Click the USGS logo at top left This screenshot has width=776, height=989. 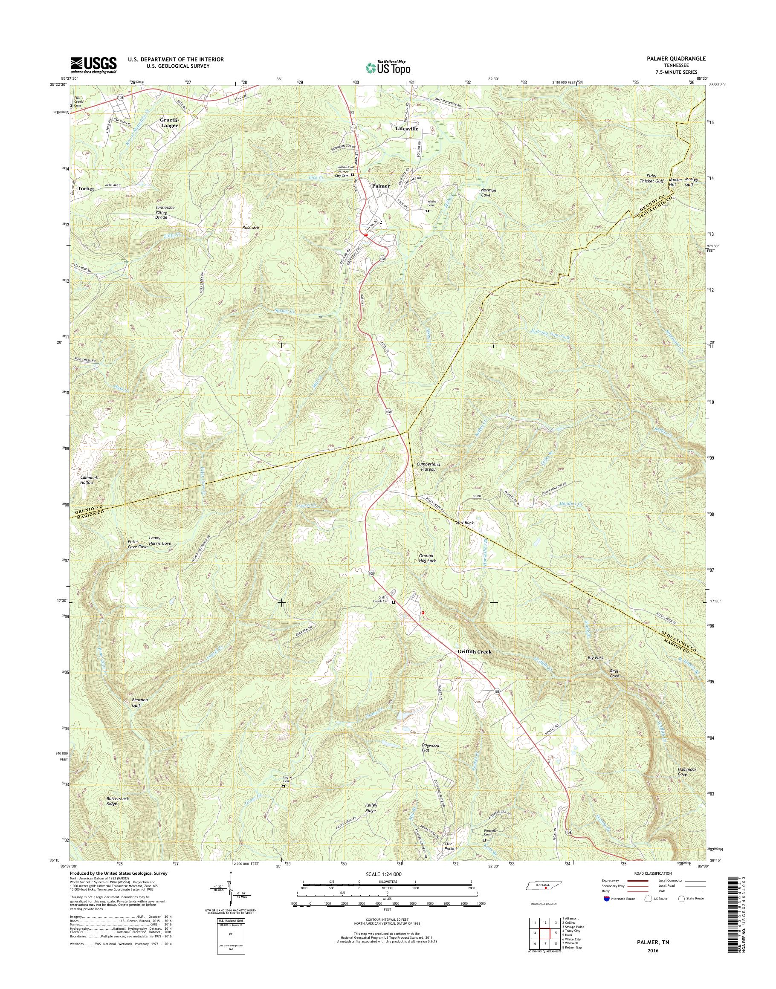(93, 65)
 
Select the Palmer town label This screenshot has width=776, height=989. (381, 186)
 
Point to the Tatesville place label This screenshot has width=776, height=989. (406, 129)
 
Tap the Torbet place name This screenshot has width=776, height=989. (85, 188)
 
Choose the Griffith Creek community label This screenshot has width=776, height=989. (473, 652)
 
